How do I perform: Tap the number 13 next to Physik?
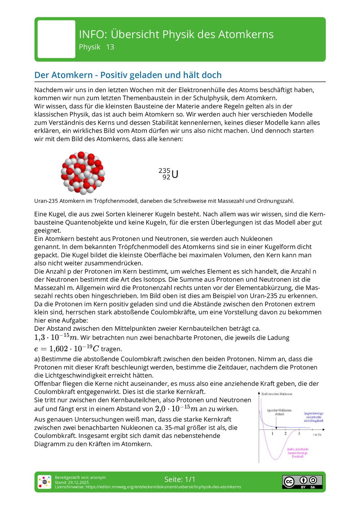(x=110, y=47)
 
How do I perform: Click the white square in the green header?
(x=57, y=39)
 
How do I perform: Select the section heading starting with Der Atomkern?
(x=128, y=75)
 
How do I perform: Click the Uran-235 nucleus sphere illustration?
(x=83, y=173)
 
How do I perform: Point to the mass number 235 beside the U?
(x=164, y=171)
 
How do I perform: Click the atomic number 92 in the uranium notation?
(x=166, y=177)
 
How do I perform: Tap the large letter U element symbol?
(x=175, y=175)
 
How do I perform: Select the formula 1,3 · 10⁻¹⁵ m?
(x=56, y=337)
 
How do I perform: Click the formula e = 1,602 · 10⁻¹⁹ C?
(x=67, y=349)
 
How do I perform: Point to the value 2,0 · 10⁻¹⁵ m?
(x=176, y=409)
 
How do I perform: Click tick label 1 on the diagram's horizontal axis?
(x=273, y=434)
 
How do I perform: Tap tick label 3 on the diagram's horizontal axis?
(x=299, y=434)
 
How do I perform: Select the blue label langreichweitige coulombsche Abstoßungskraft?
(x=314, y=417)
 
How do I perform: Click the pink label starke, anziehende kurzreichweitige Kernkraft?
(x=297, y=453)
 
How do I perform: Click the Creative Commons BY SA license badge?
(x=302, y=482)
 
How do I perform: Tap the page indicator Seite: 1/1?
(x=180, y=479)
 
